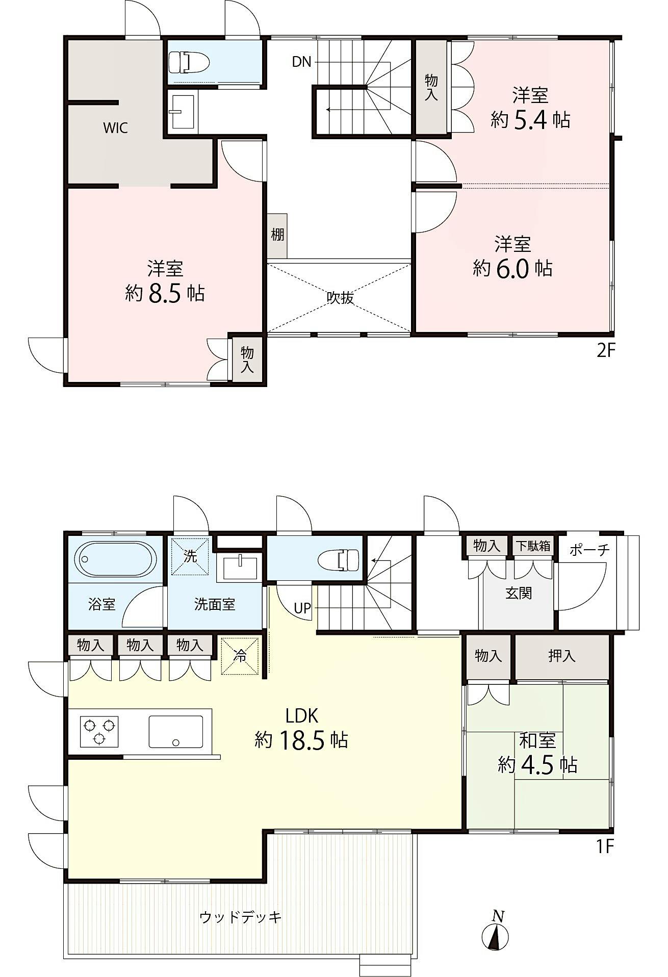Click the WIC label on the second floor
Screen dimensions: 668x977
tap(115, 128)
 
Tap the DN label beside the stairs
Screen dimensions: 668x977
tap(301, 62)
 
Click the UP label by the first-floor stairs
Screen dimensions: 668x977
tap(302, 608)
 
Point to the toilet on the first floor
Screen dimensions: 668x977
tap(339, 559)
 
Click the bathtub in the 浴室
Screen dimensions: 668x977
tap(116, 559)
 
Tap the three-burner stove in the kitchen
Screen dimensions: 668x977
tap(99, 731)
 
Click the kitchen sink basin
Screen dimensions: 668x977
tap(176, 732)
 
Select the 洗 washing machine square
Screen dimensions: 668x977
tap(190, 556)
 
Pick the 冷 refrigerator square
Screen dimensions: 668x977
tap(240, 656)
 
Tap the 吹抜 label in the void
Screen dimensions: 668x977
tap(340, 298)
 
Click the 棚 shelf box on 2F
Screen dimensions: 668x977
tap(277, 236)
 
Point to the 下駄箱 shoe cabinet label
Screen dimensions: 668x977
tap(533, 546)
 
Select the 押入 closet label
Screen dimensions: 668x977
tap(561, 656)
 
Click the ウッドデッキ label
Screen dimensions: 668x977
tap(241, 917)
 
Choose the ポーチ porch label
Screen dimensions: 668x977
tap(589, 550)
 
